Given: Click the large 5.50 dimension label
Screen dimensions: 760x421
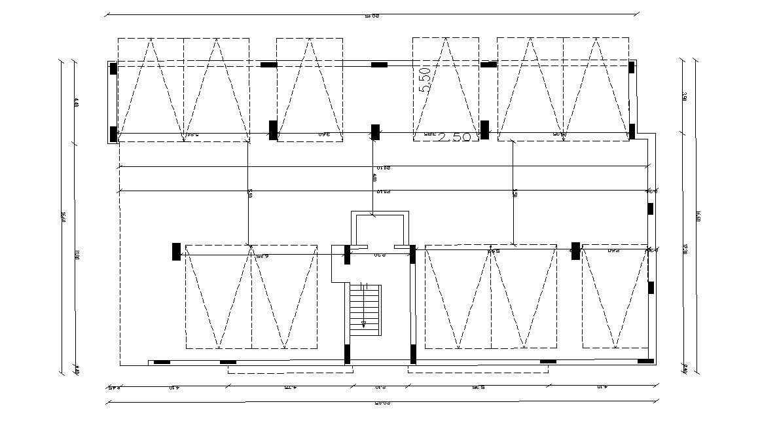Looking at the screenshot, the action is tap(425, 79).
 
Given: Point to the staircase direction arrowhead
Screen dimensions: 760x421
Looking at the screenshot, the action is tap(364, 323).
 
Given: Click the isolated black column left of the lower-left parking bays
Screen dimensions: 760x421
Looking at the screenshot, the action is tap(176, 251).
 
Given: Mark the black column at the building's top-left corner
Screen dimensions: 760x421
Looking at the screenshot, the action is tap(113, 68).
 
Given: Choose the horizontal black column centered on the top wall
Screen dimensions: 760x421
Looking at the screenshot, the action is tap(379, 65).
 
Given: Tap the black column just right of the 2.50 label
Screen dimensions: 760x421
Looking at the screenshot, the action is tap(484, 130).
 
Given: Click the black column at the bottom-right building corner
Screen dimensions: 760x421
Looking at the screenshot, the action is tap(645, 361).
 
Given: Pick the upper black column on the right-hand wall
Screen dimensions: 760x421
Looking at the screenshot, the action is tap(650, 209).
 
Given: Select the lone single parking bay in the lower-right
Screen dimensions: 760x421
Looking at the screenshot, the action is tap(615, 297).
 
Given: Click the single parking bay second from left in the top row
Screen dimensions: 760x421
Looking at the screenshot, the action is tap(309, 88).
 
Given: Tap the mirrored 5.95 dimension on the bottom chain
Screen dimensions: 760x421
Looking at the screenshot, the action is tap(477, 388).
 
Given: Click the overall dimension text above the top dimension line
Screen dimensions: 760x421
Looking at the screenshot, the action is tap(372, 16).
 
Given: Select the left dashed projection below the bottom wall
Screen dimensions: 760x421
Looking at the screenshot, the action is tap(290, 369).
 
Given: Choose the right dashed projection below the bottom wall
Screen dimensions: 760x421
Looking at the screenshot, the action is tap(478, 369).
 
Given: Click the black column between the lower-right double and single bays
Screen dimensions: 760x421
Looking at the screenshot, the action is tap(575, 251).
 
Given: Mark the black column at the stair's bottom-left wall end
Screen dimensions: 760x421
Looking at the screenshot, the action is tap(348, 354).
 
